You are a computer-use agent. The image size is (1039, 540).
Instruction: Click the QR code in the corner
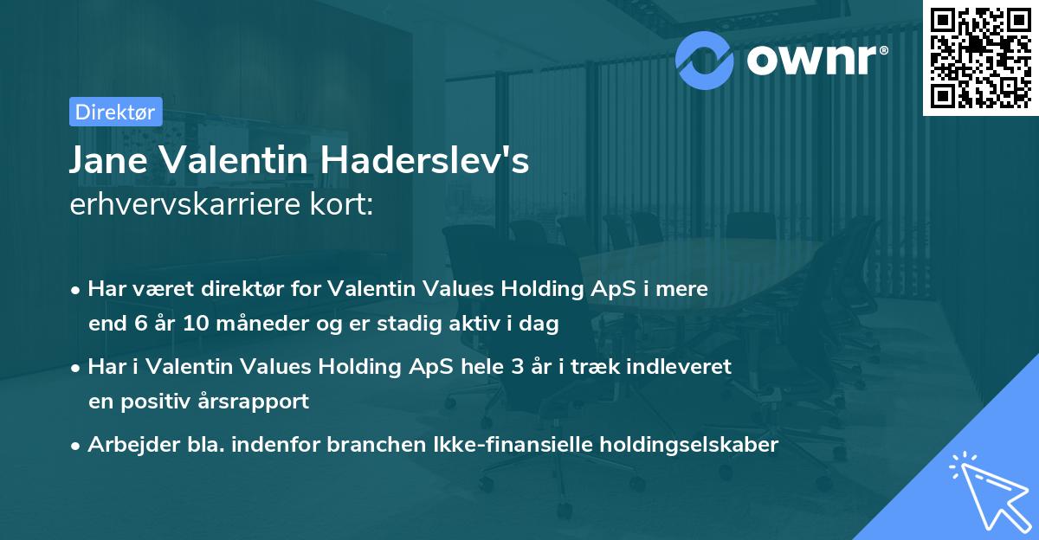[980, 57]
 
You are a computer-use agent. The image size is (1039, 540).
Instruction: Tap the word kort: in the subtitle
[344, 205]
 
